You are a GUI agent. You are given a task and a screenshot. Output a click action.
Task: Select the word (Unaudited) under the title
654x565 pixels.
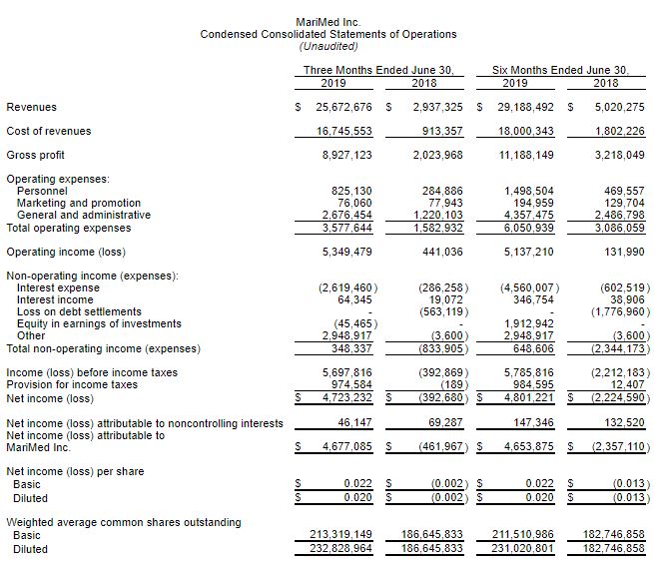327,46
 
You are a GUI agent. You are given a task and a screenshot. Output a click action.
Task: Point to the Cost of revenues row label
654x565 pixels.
49,131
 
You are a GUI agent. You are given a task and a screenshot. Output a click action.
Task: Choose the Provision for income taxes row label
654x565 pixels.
72,383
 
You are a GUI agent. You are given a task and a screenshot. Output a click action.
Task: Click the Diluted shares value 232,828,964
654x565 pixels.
336,548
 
